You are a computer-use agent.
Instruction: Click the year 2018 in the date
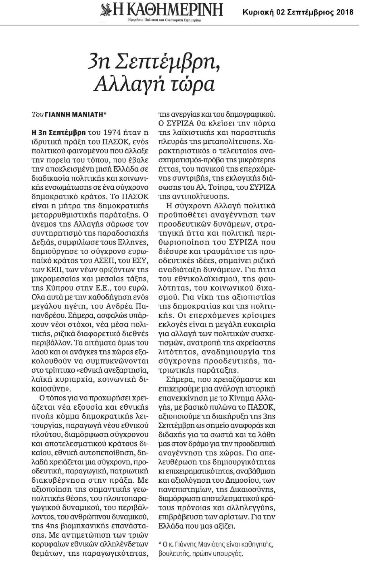pos(344,12)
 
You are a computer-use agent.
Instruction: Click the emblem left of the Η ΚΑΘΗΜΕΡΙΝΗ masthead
pos(106,9)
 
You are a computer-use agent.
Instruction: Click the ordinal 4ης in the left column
pos(40,525)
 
